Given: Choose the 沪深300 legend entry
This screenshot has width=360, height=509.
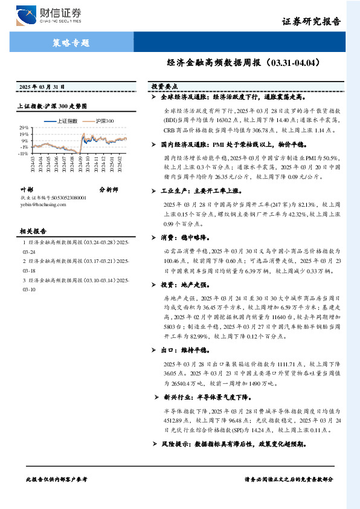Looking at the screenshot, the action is point(104,121).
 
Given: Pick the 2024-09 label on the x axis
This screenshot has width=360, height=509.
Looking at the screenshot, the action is point(79,164).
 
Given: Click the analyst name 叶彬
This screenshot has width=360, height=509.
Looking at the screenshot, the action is point(27,189).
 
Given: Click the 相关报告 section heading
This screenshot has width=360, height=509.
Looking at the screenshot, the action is point(34,231).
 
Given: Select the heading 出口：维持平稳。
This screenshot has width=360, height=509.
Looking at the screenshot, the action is point(185,349).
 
